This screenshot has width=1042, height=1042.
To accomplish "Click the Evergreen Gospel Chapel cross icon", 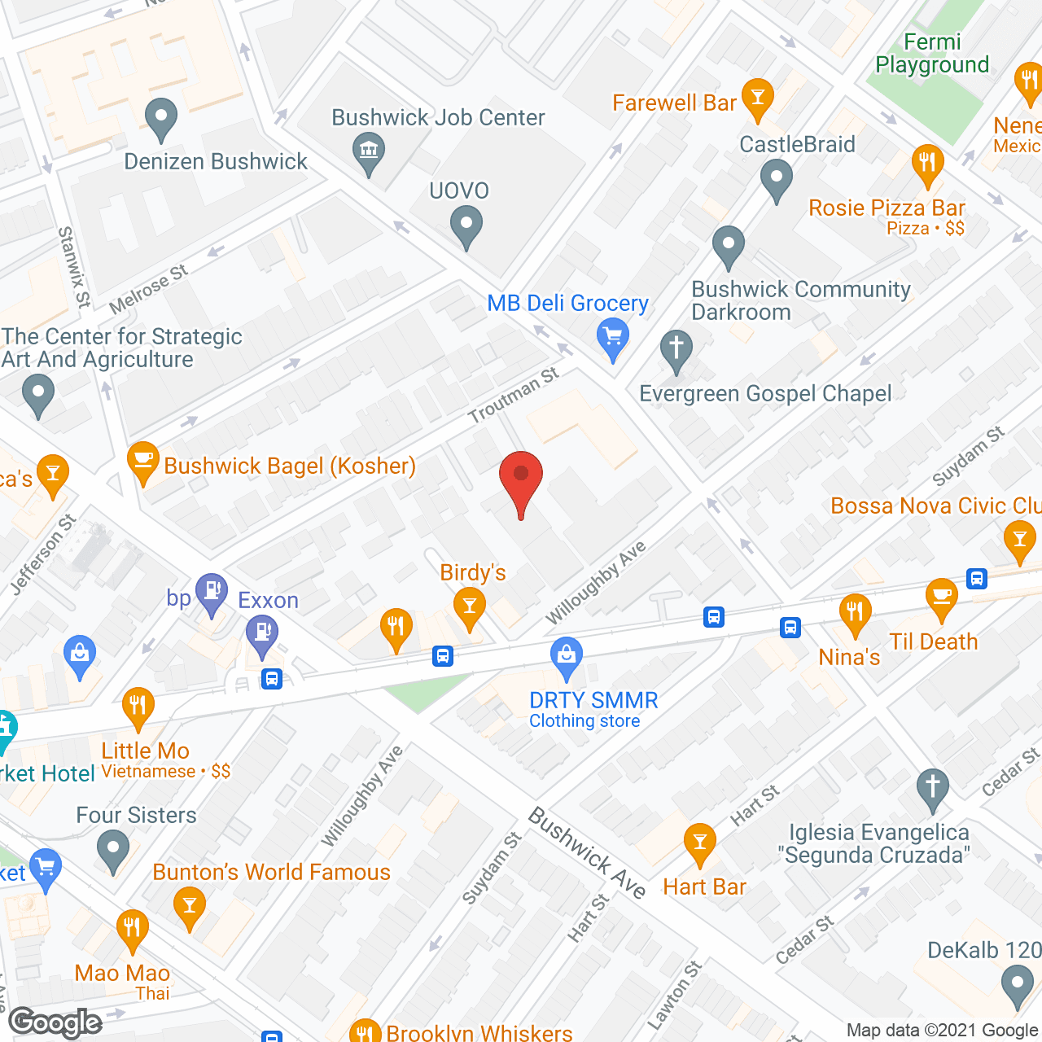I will (676, 350).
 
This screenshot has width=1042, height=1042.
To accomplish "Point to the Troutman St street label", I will (513, 395).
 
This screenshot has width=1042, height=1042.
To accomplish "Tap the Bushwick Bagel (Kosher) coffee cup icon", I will (142, 462).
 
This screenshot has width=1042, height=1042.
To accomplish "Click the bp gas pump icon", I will (212, 593).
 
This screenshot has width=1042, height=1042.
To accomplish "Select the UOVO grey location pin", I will (466, 225).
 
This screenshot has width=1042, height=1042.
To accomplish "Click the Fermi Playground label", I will (932, 54).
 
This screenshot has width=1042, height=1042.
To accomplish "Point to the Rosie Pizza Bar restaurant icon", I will (927, 163).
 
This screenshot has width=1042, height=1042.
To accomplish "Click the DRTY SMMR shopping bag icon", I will (567, 657).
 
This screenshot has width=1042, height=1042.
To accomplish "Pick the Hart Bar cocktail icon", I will (699, 843).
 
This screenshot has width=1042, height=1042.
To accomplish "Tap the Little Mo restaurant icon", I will (138, 707).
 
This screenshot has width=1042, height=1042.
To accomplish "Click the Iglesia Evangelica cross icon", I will (933, 789).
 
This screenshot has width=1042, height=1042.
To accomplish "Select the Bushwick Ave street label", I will (587, 852).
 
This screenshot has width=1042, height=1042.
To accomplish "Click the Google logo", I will (55, 1022).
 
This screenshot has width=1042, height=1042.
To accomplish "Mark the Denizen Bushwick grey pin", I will (161, 119).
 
